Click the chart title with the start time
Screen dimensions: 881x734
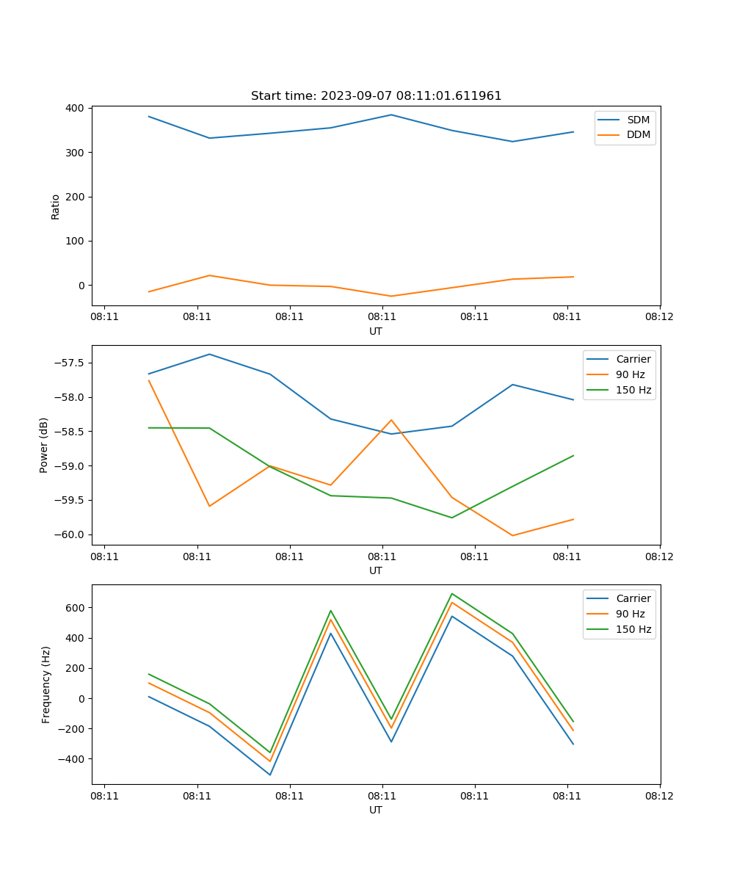point(376,96)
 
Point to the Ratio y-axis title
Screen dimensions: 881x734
point(56,206)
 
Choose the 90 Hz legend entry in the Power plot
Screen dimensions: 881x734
point(630,374)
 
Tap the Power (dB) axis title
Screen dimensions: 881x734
point(44,445)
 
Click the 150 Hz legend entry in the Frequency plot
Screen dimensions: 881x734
point(633,629)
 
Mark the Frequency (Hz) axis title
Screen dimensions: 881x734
point(46,684)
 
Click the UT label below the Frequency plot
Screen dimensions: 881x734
point(376,810)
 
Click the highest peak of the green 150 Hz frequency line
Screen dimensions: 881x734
point(452,593)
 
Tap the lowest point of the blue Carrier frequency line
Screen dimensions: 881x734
point(270,775)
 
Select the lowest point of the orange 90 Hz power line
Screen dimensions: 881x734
point(512,535)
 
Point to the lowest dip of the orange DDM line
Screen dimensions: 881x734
point(391,296)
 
